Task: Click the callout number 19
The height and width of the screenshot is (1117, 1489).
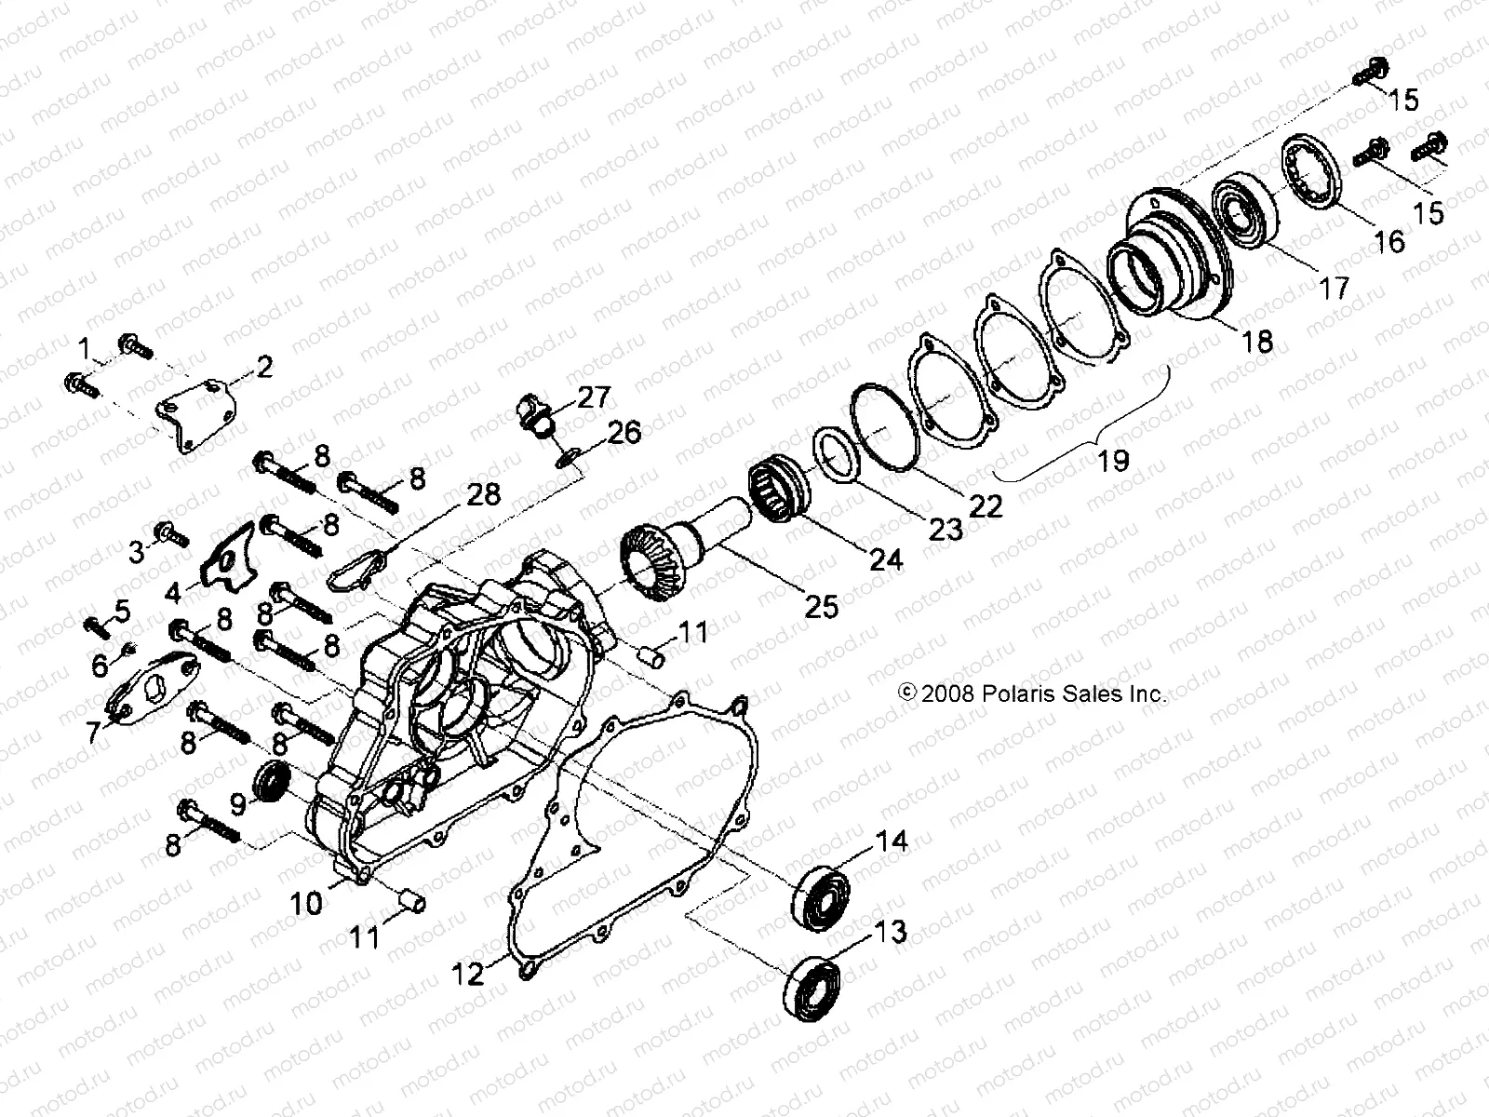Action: click(1113, 459)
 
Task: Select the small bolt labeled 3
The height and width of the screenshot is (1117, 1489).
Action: click(174, 534)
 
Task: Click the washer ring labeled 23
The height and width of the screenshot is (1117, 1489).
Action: click(835, 456)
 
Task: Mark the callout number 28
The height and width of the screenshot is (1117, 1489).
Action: click(483, 495)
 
